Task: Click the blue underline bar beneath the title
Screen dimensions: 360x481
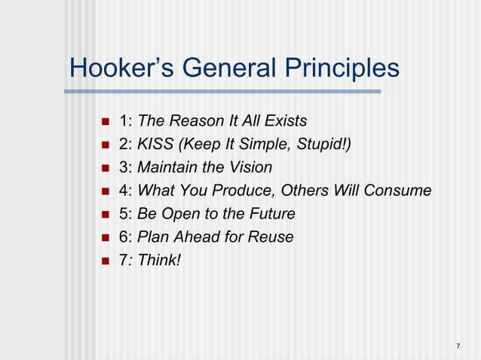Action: pyautogui.click(x=222, y=92)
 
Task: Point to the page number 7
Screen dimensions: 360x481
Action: pyautogui.click(x=458, y=346)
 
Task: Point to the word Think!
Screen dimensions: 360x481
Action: pyautogui.click(x=159, y=261)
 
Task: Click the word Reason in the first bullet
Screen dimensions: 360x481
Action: pyautogui.click(x=195, y=121)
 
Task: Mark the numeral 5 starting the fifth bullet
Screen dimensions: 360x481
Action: pyautogui.click(x=124, y=214)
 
